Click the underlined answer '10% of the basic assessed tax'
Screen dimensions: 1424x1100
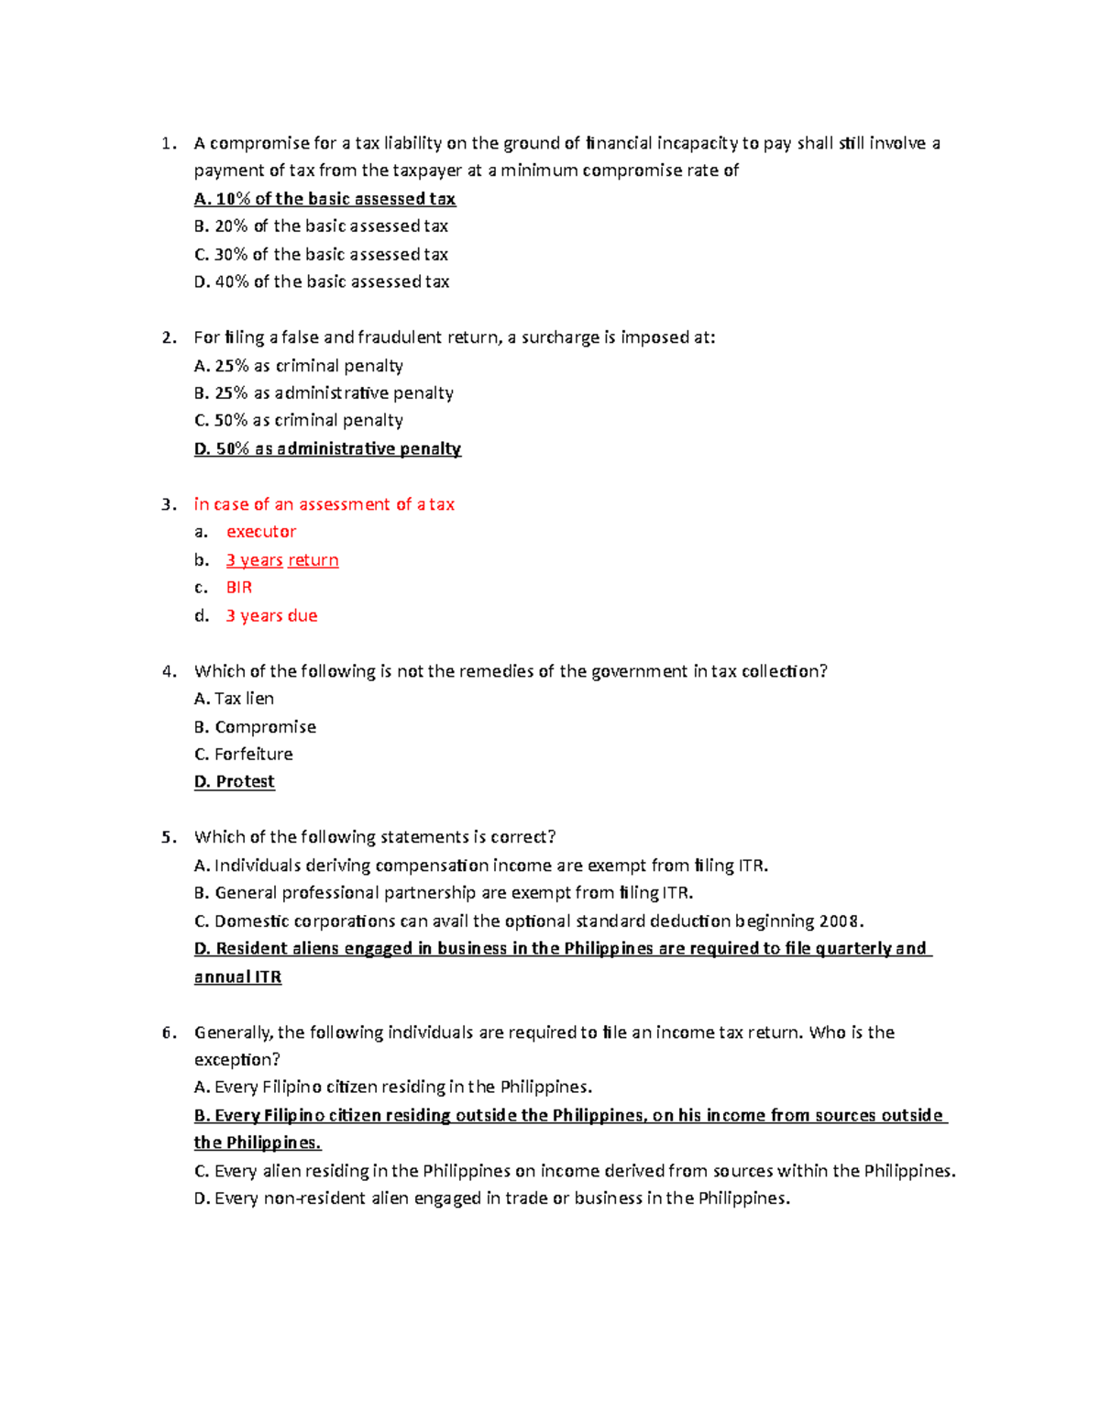click(x=324, y=199)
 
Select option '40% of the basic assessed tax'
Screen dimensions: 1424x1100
click(x=322, y=281)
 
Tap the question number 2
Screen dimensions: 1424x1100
click(x=168, y=337)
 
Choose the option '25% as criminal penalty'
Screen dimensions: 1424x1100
click(x=299, y=366)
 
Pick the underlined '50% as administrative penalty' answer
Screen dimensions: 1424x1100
click(x=327, y=448)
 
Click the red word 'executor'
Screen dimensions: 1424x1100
click(x=261, y=532)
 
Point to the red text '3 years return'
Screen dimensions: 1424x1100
click(x=282, y=560)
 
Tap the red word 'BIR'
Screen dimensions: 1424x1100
click(x=239, y=588)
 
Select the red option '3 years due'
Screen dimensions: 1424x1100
click(x=271, y=616)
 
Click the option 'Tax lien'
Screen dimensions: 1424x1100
click(x=234, y=699)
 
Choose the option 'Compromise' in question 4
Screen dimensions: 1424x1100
click(x=255, y=727)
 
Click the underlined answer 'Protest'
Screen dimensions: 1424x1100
click(x=235, y=781)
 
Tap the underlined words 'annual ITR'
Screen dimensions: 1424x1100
click(x=237, y=977)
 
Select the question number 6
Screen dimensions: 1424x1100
click(x=168, y=1032)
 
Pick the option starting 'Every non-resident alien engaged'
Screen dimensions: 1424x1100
click(x=492, y=1198)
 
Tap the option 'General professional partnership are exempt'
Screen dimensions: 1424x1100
click(x=444, y=893)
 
